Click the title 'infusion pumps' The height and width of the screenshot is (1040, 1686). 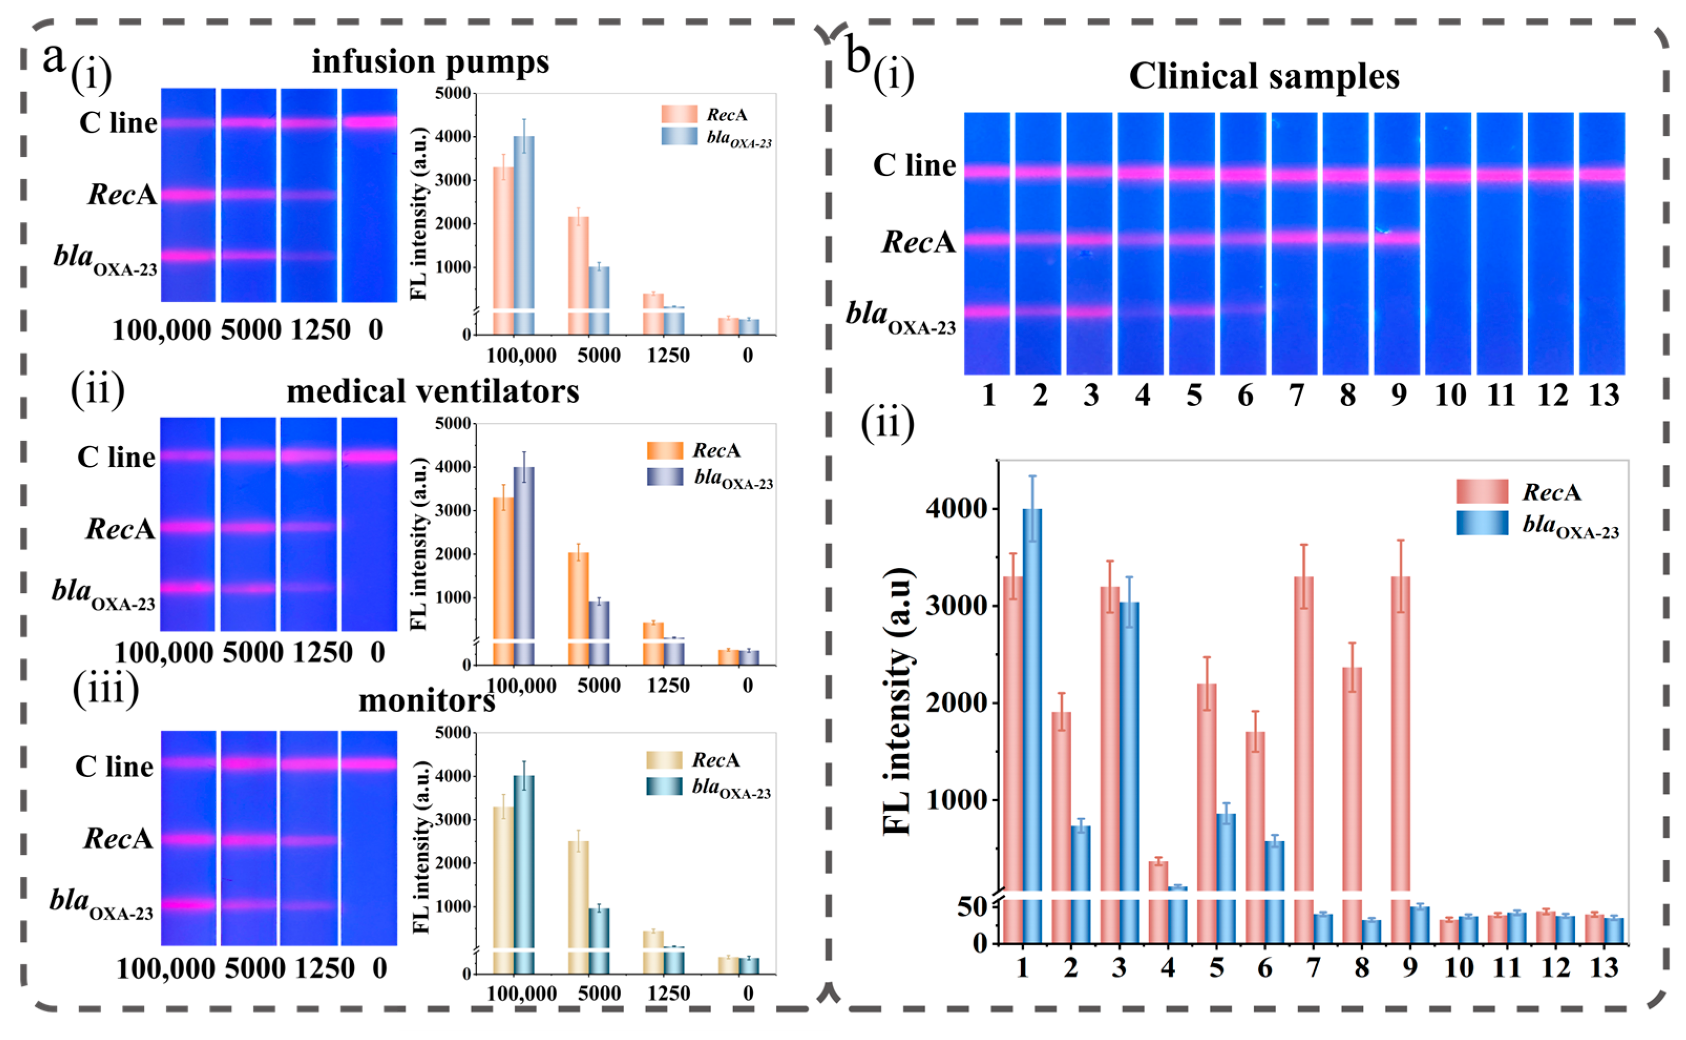[x=430, y=62]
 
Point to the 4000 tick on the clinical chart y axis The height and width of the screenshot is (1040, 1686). [x=957, y=510]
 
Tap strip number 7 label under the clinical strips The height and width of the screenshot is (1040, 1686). [x=1296, y=396]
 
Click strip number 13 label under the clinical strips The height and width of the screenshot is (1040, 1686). [x=1604, y=396]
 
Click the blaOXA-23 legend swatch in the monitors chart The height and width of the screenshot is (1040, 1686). [x=664, y=786]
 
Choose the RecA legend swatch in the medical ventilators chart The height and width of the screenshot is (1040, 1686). [x=665, y=451]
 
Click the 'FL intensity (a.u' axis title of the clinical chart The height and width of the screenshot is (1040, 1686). [x=897, y=702]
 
